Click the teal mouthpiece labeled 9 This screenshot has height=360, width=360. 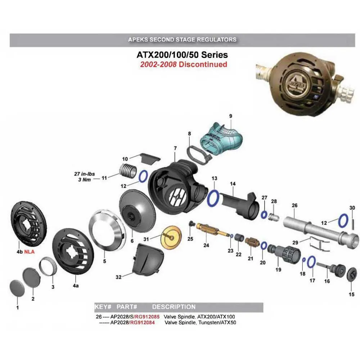click(x=217, y=138)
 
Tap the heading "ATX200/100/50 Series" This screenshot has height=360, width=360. click(x=182, y=55)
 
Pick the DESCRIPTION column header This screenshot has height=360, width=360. click(x=174, y=307)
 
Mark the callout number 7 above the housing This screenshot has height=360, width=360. click(x=175, y=148)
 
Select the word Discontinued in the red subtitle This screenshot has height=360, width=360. click(x=203, y=64)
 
